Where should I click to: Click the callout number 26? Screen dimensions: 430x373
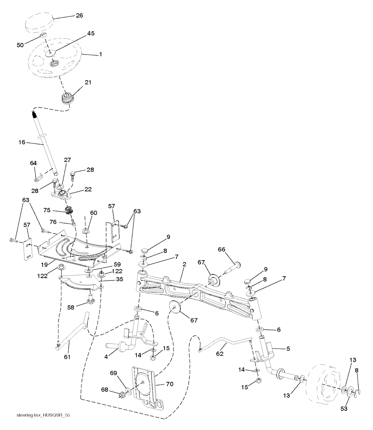(x=79, y=16)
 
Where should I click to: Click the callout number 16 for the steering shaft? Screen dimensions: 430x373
(x=21, y=142)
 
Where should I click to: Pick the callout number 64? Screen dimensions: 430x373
(x=34, y=163)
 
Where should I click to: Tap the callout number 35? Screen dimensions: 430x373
(x=109, y=280)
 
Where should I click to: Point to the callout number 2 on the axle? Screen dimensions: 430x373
(x=185, y=264)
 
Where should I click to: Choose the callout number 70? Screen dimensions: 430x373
(x=170, y=384)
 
